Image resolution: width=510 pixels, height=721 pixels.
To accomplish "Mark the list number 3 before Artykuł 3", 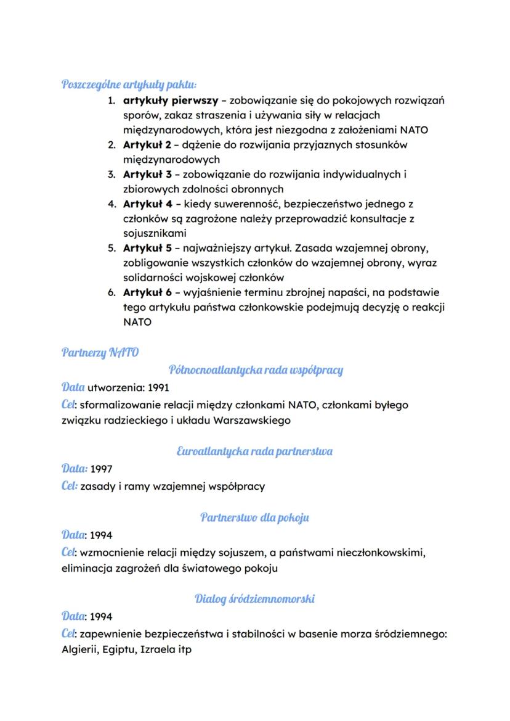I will pos(111,175).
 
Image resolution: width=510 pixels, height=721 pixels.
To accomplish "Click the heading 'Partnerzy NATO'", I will pos(100,352).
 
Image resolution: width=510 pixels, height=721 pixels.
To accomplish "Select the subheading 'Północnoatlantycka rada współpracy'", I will pos(255,370).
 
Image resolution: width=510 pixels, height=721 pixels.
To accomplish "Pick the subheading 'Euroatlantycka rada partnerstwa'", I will pos(254,451).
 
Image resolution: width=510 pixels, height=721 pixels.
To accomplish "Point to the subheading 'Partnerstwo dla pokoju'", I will pos(254,517).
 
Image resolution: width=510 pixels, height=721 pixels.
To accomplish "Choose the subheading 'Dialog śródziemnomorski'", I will pos(254,598).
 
